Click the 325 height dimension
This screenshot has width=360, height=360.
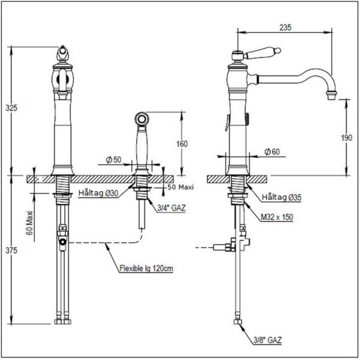click(11, 107)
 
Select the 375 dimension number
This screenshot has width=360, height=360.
click(11, 250)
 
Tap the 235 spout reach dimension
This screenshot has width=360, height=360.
click(286, 28)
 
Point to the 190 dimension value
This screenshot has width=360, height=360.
click(346, 138)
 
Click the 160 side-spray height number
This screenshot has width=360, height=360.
click(182, 144)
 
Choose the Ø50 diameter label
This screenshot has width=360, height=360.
click(113, 160)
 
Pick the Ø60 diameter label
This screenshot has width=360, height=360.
click(272, 152)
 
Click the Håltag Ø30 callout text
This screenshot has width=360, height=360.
click(98, 193)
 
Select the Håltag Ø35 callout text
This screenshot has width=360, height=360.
click(281, 197)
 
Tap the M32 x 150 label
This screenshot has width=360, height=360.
click(277, 217)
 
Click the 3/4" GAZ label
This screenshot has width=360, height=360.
click(171, 208)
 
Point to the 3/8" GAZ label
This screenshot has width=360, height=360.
click(268, 340)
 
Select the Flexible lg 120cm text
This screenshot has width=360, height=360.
click(146, 268)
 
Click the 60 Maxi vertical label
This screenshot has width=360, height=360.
click(29, 223)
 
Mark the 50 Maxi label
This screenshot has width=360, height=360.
click(181, 187)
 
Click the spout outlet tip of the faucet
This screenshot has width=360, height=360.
click(332, 95)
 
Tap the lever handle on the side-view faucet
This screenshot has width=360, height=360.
click(262, 53)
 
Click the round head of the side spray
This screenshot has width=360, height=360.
click(142, 119)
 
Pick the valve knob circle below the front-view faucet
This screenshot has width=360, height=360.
click(62, 242)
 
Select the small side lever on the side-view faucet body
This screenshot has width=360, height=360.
click(227, 123)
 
